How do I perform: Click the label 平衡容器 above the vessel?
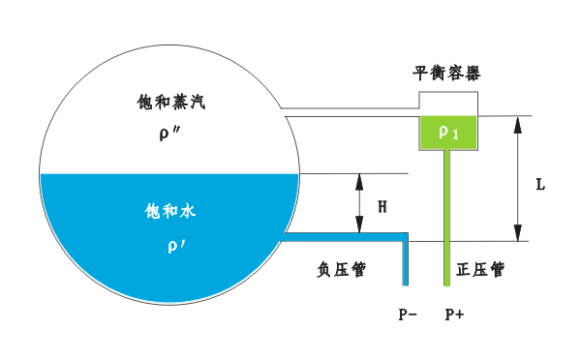click(446, 74)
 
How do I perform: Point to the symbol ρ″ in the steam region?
click(168, 134)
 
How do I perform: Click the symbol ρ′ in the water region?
click(174, 246)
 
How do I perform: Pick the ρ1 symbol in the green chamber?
click(448, 133)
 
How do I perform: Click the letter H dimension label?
click(382, 207)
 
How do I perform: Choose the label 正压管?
click(480, 270)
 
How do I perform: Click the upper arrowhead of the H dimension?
click(359, 180)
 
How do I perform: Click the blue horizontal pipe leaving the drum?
click(344, 235)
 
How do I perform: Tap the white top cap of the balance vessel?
click(447, 104)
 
